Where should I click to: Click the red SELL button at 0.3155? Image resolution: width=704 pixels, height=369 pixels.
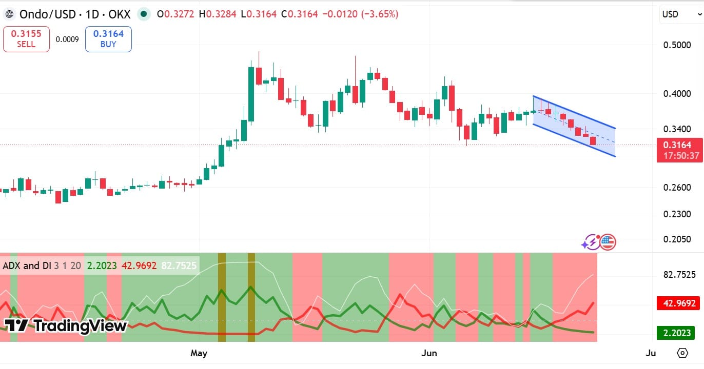point(26,39)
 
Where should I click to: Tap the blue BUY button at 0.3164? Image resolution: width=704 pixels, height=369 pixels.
point(108,39)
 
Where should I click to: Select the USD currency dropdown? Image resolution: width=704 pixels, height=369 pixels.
point(681,14)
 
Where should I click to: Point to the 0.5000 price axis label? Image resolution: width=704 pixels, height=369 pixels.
point(677,45)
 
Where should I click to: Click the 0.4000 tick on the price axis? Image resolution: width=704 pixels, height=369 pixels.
point(677,93)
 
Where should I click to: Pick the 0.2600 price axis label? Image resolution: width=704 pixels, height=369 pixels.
point(677,188)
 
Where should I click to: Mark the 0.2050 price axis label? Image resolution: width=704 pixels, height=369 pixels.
point(677,239)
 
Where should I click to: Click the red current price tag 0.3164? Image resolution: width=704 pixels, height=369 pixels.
point(679,150)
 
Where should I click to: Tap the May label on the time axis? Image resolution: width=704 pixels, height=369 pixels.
point(199,353)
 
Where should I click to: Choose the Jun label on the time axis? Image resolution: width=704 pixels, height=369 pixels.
point(429,353)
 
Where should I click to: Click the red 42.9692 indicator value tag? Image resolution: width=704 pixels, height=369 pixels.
point(678,303)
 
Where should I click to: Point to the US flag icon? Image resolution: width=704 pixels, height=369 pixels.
point(608,242)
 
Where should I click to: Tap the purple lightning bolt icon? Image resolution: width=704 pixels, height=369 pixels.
point(591,242)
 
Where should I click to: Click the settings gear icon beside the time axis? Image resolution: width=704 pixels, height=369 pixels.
point(682,353)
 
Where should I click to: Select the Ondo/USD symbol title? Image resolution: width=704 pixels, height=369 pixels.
point(47,14)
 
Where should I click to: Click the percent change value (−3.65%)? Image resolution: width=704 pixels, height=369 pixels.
point(380,14)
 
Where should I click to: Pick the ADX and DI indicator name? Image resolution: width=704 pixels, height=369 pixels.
point(27,266)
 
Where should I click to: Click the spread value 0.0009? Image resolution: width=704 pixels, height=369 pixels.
point(67,39)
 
